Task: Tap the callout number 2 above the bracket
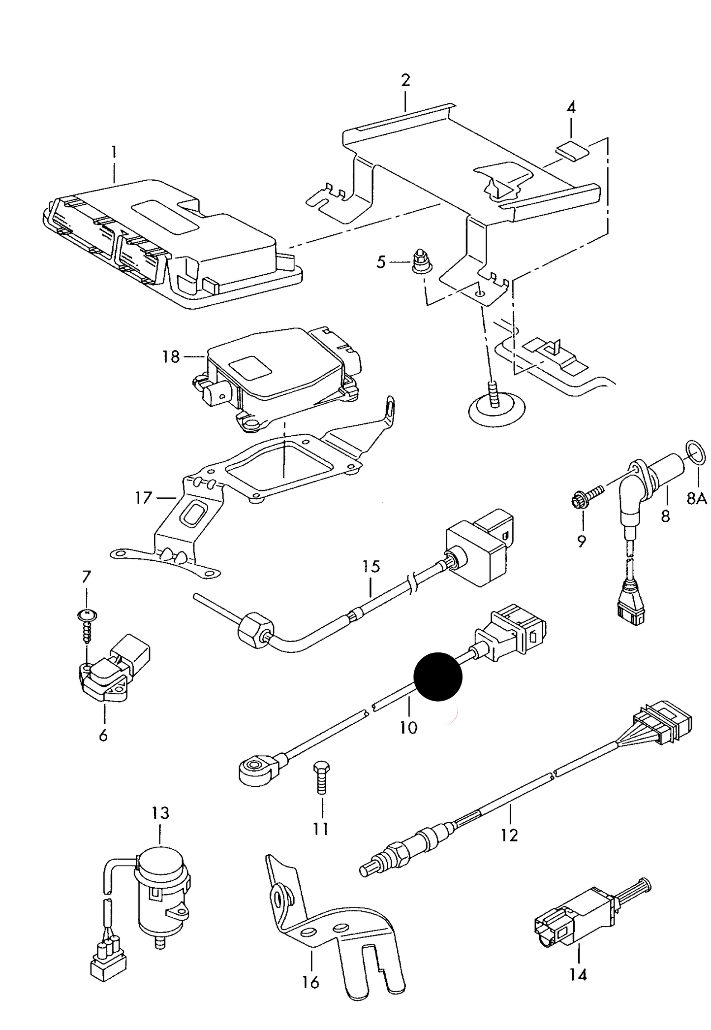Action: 405,80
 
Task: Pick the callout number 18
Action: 171,356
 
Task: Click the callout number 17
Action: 143,498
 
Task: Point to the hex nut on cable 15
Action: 255,629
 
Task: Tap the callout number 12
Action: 510,835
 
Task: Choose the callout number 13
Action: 160,812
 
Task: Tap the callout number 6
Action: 103,736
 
